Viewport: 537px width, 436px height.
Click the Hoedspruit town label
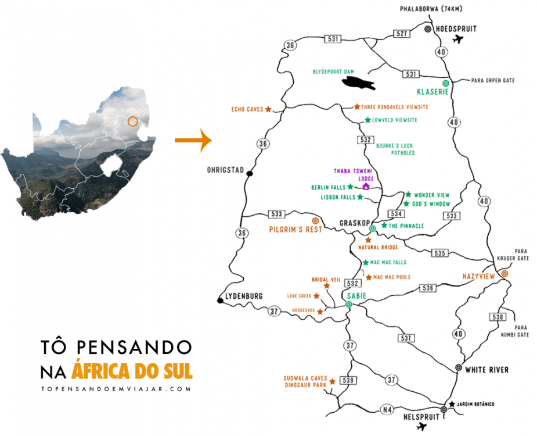[x=455, y=28]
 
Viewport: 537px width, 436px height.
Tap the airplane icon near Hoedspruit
[x=459, y=40]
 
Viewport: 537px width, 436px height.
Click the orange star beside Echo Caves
[x=268, y=109]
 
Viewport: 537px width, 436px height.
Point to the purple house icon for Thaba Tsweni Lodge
[x=366, y=187]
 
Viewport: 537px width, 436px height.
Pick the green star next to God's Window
[x=406, y=204]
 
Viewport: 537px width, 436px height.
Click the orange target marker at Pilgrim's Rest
[x=316, y=221]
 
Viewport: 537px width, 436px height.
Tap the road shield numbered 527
[x=401, y=34]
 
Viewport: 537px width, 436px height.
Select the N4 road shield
[x=387, y=410]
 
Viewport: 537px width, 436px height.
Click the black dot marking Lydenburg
[x=220, y=301]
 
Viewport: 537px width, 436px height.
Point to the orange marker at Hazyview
[x=504, y=273]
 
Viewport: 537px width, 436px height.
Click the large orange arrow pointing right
[x=193, y=140]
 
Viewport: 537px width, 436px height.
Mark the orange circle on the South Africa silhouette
[x=133, y=121]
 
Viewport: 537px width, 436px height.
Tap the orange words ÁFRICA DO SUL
[x=132, y=370]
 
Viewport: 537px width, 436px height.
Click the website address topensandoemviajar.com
[x=116, y=389]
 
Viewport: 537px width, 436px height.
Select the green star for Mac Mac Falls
[x=366, y=263]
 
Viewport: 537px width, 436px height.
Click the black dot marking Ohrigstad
[x=250, y=173]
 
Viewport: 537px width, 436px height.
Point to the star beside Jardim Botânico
[x=452, y=404]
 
